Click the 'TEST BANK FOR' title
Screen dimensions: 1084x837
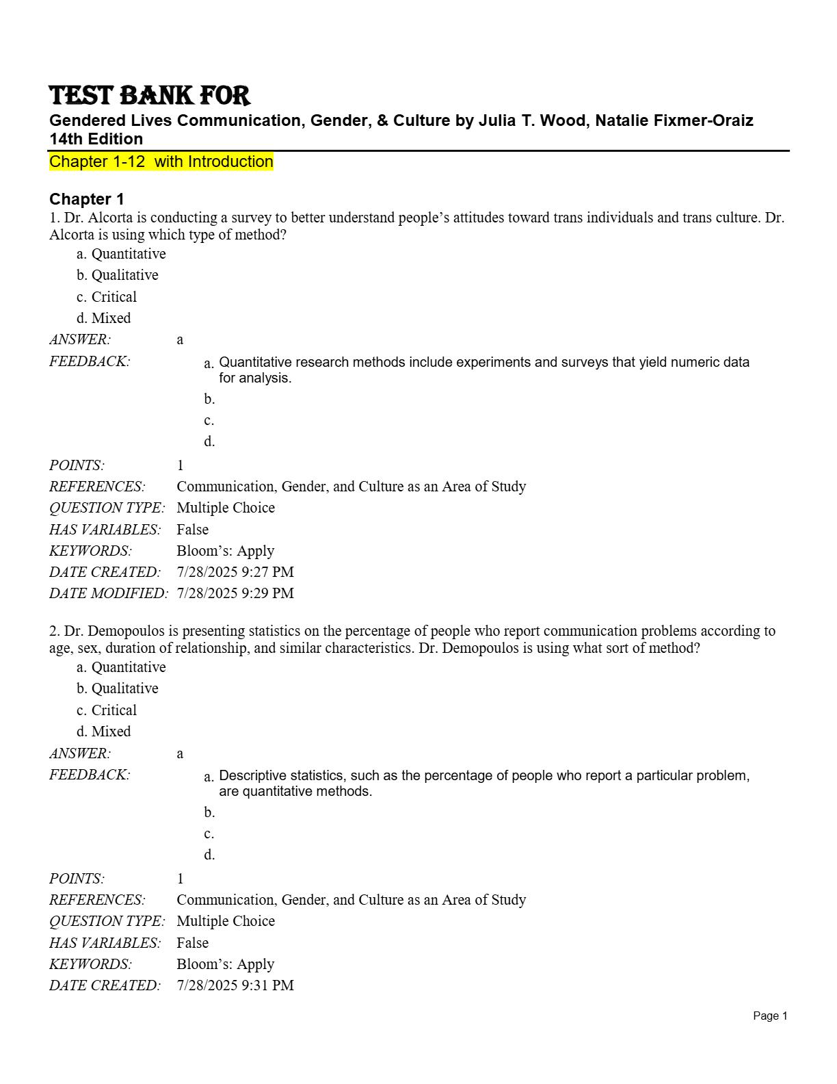pos(149,96)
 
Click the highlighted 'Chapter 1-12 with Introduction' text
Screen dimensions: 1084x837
pos(161,162)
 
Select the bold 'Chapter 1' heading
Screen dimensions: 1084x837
pos(87,199)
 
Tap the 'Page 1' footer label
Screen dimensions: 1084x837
pos(770,1016)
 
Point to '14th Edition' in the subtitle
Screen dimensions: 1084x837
pos(96,139)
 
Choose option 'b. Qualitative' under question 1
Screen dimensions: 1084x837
pos(118,275)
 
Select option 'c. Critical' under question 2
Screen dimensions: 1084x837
pos(107,710)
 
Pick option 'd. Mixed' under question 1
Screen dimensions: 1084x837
pos(104,318)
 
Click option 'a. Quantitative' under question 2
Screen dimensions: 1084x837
pos(121,667)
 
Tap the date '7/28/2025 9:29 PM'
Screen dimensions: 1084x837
pos(235,593)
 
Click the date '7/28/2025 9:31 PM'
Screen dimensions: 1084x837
pos(235,985)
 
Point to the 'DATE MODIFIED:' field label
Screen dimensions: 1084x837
pos(108,593)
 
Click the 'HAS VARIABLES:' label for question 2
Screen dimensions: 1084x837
pos(105,943)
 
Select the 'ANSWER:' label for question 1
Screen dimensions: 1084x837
pos(80,339)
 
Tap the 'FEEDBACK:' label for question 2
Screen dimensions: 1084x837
pos(90,775)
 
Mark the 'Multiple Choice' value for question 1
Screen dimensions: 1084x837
pos(226,508)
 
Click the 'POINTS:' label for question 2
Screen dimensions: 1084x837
pos(77,879)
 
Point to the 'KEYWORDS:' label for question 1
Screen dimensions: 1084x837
pos(90,551)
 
